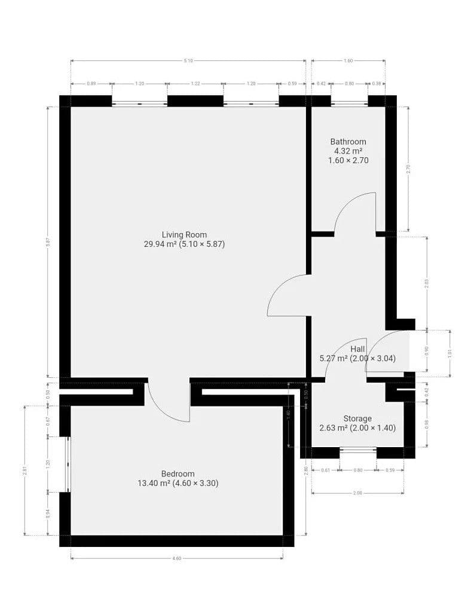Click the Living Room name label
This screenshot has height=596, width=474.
click(184, 234)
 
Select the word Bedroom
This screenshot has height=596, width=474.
click(178, 473)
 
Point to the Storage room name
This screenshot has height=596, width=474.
click(357, 418)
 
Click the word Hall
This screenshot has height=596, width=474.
click(357, 349)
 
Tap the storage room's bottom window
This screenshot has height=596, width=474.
click(358, 450)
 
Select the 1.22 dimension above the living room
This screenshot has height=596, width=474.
click(195, 84)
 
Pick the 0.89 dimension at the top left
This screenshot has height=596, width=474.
click(91, 84)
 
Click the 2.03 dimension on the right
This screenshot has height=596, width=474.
click(426, 283)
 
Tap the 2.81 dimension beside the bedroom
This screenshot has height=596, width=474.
click(25, 470)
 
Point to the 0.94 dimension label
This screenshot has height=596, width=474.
click(48, 514)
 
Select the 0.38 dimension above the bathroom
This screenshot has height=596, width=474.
click(376, 84)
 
